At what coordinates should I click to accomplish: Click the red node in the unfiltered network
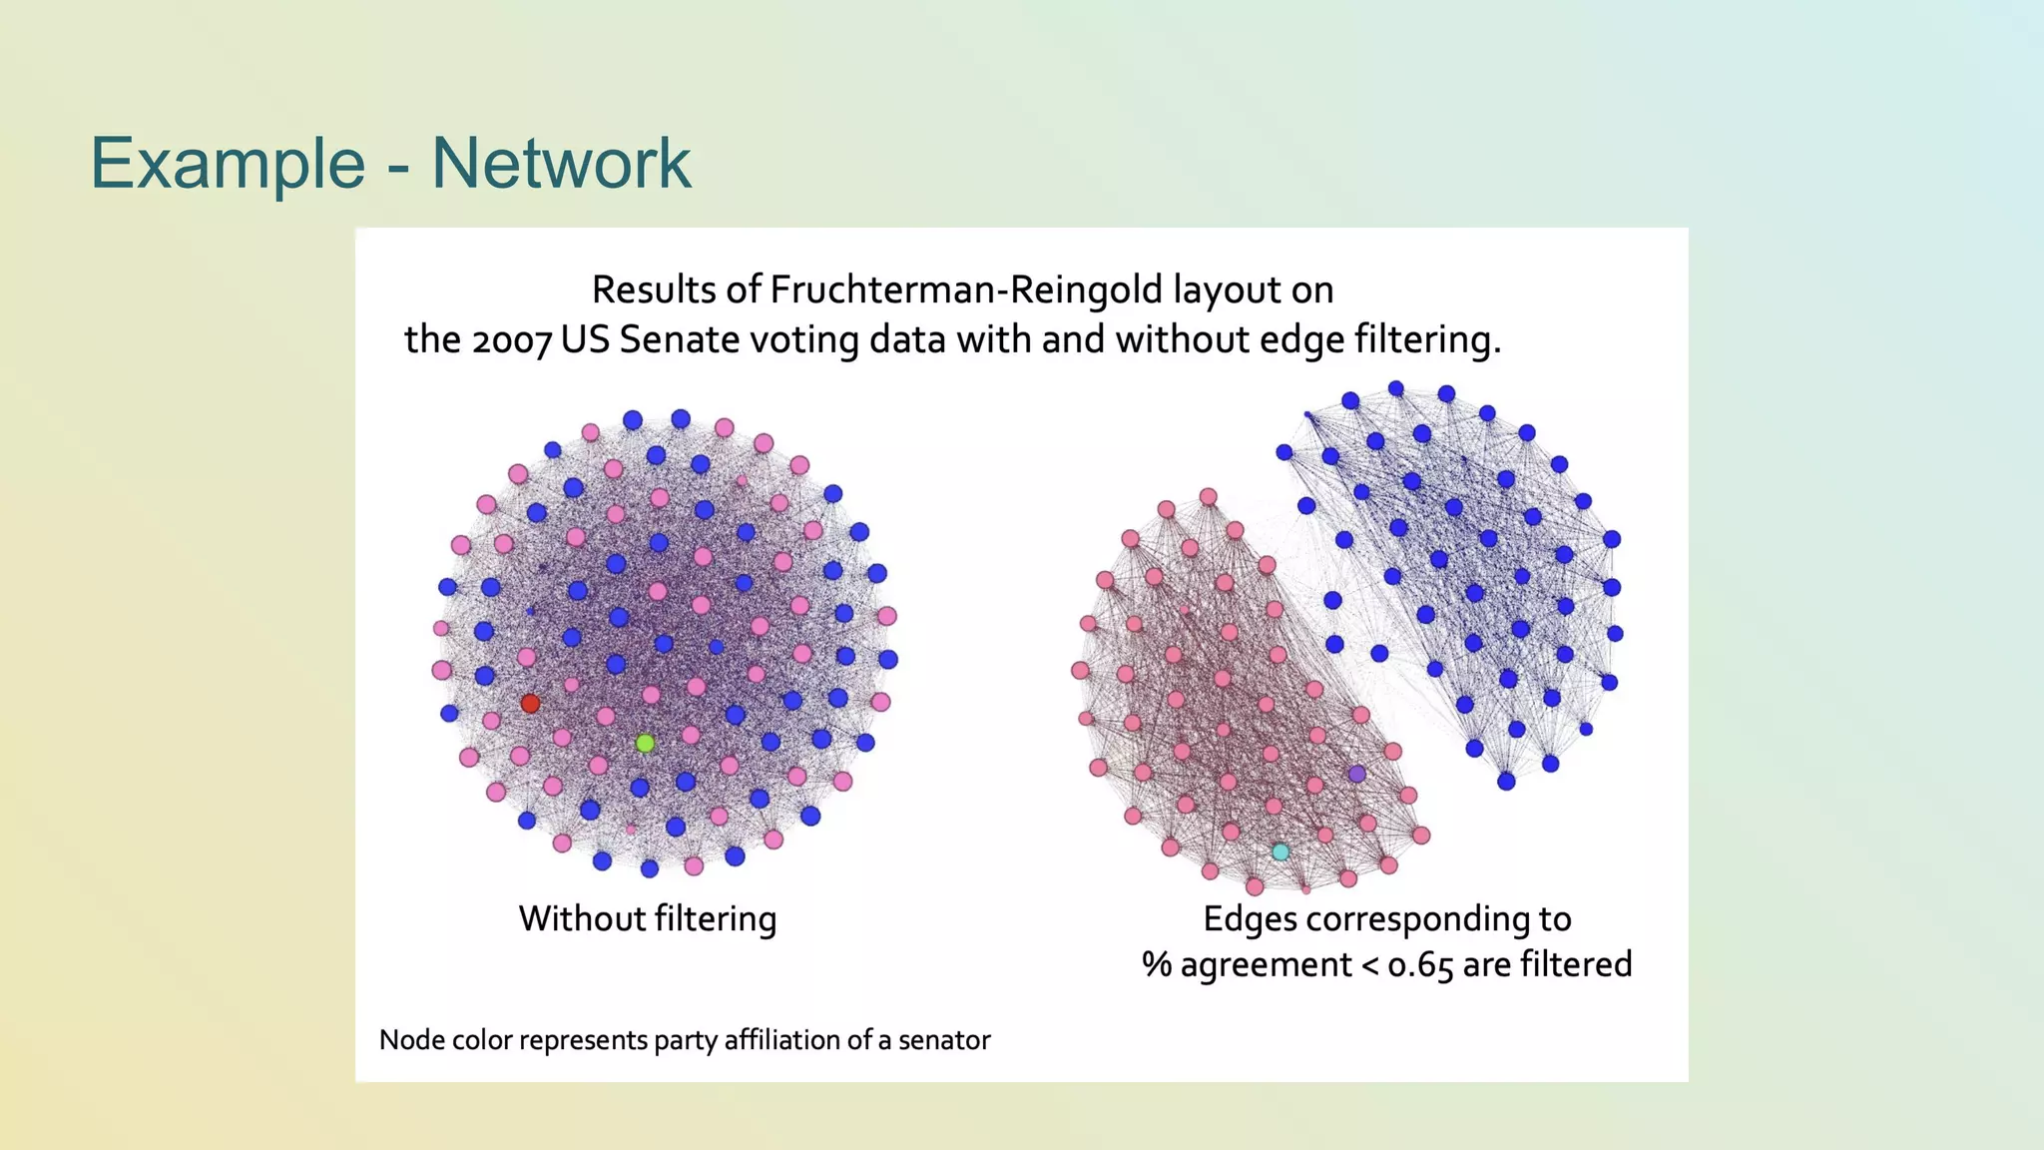[x=530, y=704]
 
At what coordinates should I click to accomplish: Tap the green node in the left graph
[x=645, y=743]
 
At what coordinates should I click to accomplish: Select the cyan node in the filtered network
[x=1280, y=852]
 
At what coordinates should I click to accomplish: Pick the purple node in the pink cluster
[x=1356, y=774]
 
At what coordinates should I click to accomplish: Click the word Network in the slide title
[x=561, y=163]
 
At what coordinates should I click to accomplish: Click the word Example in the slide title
[x=228, y=163]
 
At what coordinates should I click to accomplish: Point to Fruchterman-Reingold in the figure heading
[x=966, y=290]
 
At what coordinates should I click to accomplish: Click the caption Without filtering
[x=647, y=918]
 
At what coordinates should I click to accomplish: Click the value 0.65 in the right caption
[x=1419, y=965]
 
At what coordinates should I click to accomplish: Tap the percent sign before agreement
[x=1156, y=965]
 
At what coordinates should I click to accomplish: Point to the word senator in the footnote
[x=944, y=1040]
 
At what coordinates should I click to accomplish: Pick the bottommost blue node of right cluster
[x=1506, y=781]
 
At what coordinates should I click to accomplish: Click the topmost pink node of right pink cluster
[x=1208, y=496]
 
